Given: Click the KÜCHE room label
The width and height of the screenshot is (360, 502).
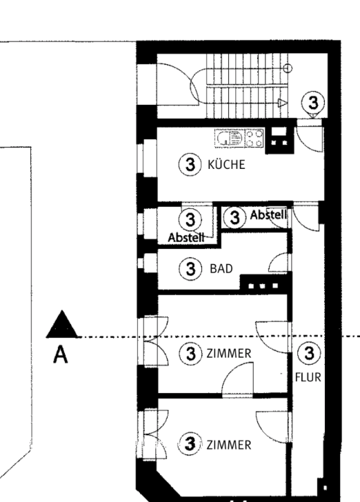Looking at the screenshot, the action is pyautogui.click(x=226, y=164).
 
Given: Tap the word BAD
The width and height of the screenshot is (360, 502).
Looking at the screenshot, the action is pyautogui.click(x=221, y=268).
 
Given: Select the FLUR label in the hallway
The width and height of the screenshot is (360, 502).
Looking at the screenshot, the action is pyautogui.click(x=308, y=377).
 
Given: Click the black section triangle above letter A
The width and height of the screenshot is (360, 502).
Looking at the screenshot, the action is pyautogui.click(x=62, y=324).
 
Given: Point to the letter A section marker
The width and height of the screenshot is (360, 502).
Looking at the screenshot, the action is pyautogui.click(x=61, y=355).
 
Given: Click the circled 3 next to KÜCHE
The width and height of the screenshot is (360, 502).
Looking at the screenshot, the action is pyautogui.click(x=190, y=165).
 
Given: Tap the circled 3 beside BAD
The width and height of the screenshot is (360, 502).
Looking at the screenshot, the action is pyautogui.click(x=190, y=268).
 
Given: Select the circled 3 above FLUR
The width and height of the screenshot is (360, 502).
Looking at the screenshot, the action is pyautogui.click(x=309, y=353).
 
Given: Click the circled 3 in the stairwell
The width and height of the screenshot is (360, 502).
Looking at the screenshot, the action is pyautogui.click(x=313, y=103).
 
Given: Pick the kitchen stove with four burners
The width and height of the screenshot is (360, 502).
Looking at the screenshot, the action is pyautogui.click(x=254, y=138).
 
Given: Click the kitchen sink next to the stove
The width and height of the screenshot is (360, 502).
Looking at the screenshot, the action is pyautogui.click(x=230, y=139).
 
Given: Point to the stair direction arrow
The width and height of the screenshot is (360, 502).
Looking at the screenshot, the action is pyautogui.click(x=282, y=103).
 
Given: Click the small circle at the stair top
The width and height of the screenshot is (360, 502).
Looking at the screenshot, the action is pyautogui.click(x=288, y=68).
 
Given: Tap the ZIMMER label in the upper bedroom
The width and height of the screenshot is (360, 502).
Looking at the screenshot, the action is pyautogui.click(x=229, y=354).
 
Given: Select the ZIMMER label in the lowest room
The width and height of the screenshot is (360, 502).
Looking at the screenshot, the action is pyautogui.click(x=229, y=445).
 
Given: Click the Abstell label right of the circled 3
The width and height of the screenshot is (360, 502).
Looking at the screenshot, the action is pyautogui.click(x=268, y=215).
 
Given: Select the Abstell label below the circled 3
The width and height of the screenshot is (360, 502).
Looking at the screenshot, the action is pyautogui.click(x=186, y=237).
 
